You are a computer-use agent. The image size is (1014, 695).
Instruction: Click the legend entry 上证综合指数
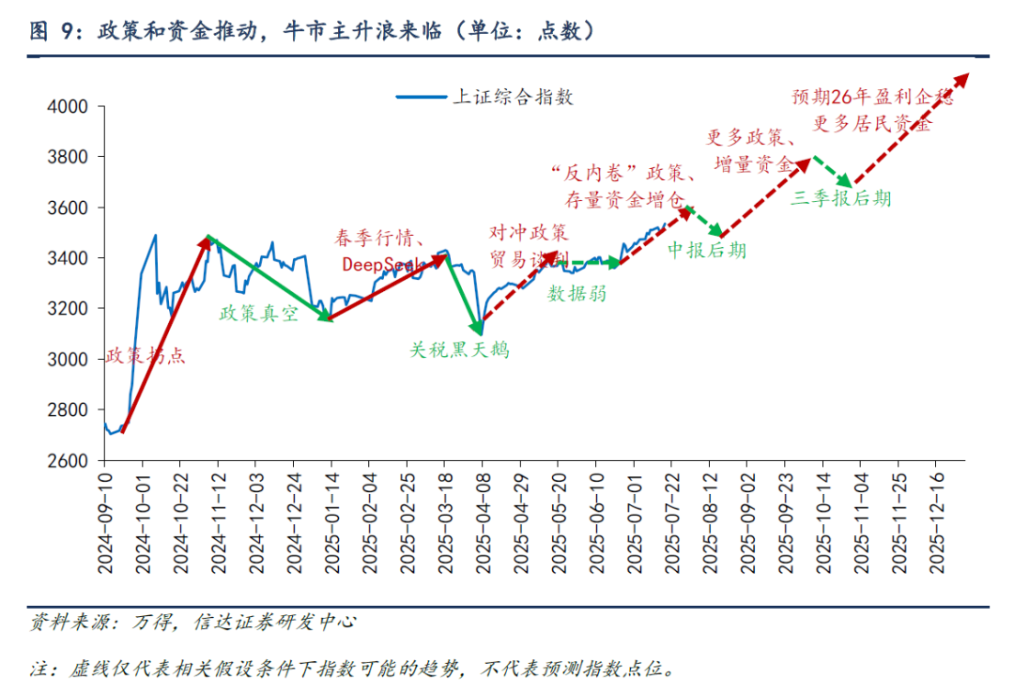click(512, 96)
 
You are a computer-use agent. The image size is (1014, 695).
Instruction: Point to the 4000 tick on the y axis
click(68, 107)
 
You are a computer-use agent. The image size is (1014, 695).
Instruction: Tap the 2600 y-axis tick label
click(68, 461)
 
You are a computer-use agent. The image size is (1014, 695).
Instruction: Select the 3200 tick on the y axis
click(68, 309)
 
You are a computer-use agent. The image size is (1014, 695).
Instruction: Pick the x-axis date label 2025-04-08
click(482, 522)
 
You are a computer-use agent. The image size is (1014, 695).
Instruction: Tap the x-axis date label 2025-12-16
click(935, 522)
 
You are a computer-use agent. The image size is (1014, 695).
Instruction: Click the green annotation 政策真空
click(258, 314)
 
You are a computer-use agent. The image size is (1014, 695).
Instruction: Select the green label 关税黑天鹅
click(460, 350)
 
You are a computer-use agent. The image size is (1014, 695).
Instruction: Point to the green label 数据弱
click(577, 294)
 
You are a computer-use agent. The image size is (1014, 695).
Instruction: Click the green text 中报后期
click(707, 250)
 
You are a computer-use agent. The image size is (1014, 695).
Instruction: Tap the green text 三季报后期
click(841, 198)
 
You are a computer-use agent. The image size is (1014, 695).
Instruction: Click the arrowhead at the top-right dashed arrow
click(963, 79)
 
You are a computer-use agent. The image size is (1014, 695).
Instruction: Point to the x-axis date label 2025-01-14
click(330, 522)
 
